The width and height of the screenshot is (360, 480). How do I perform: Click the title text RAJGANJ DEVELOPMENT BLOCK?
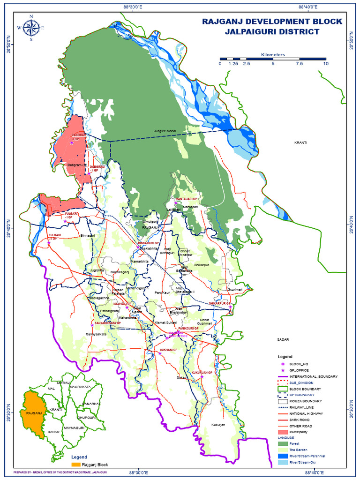coord(272,22)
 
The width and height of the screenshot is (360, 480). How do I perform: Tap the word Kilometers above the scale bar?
coord(273,55)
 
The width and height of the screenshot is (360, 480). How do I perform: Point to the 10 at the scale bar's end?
coord(325,64)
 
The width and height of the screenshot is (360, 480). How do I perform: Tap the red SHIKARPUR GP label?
coord(220,304)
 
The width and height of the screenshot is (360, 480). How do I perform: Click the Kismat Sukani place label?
coord(165,323)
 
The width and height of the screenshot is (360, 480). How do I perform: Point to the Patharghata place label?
coord(109,311)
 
